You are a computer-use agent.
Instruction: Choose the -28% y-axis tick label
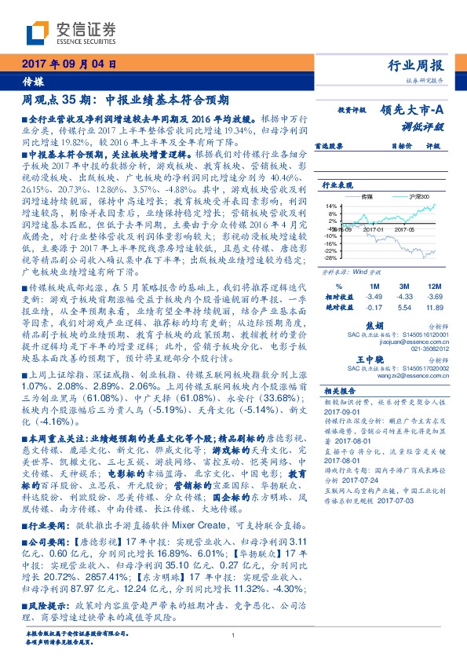(331, 257)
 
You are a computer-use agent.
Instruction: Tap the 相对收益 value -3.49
(373, 298)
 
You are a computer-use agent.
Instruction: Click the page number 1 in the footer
(233, 636)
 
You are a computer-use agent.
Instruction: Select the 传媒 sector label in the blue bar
(34, 81)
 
